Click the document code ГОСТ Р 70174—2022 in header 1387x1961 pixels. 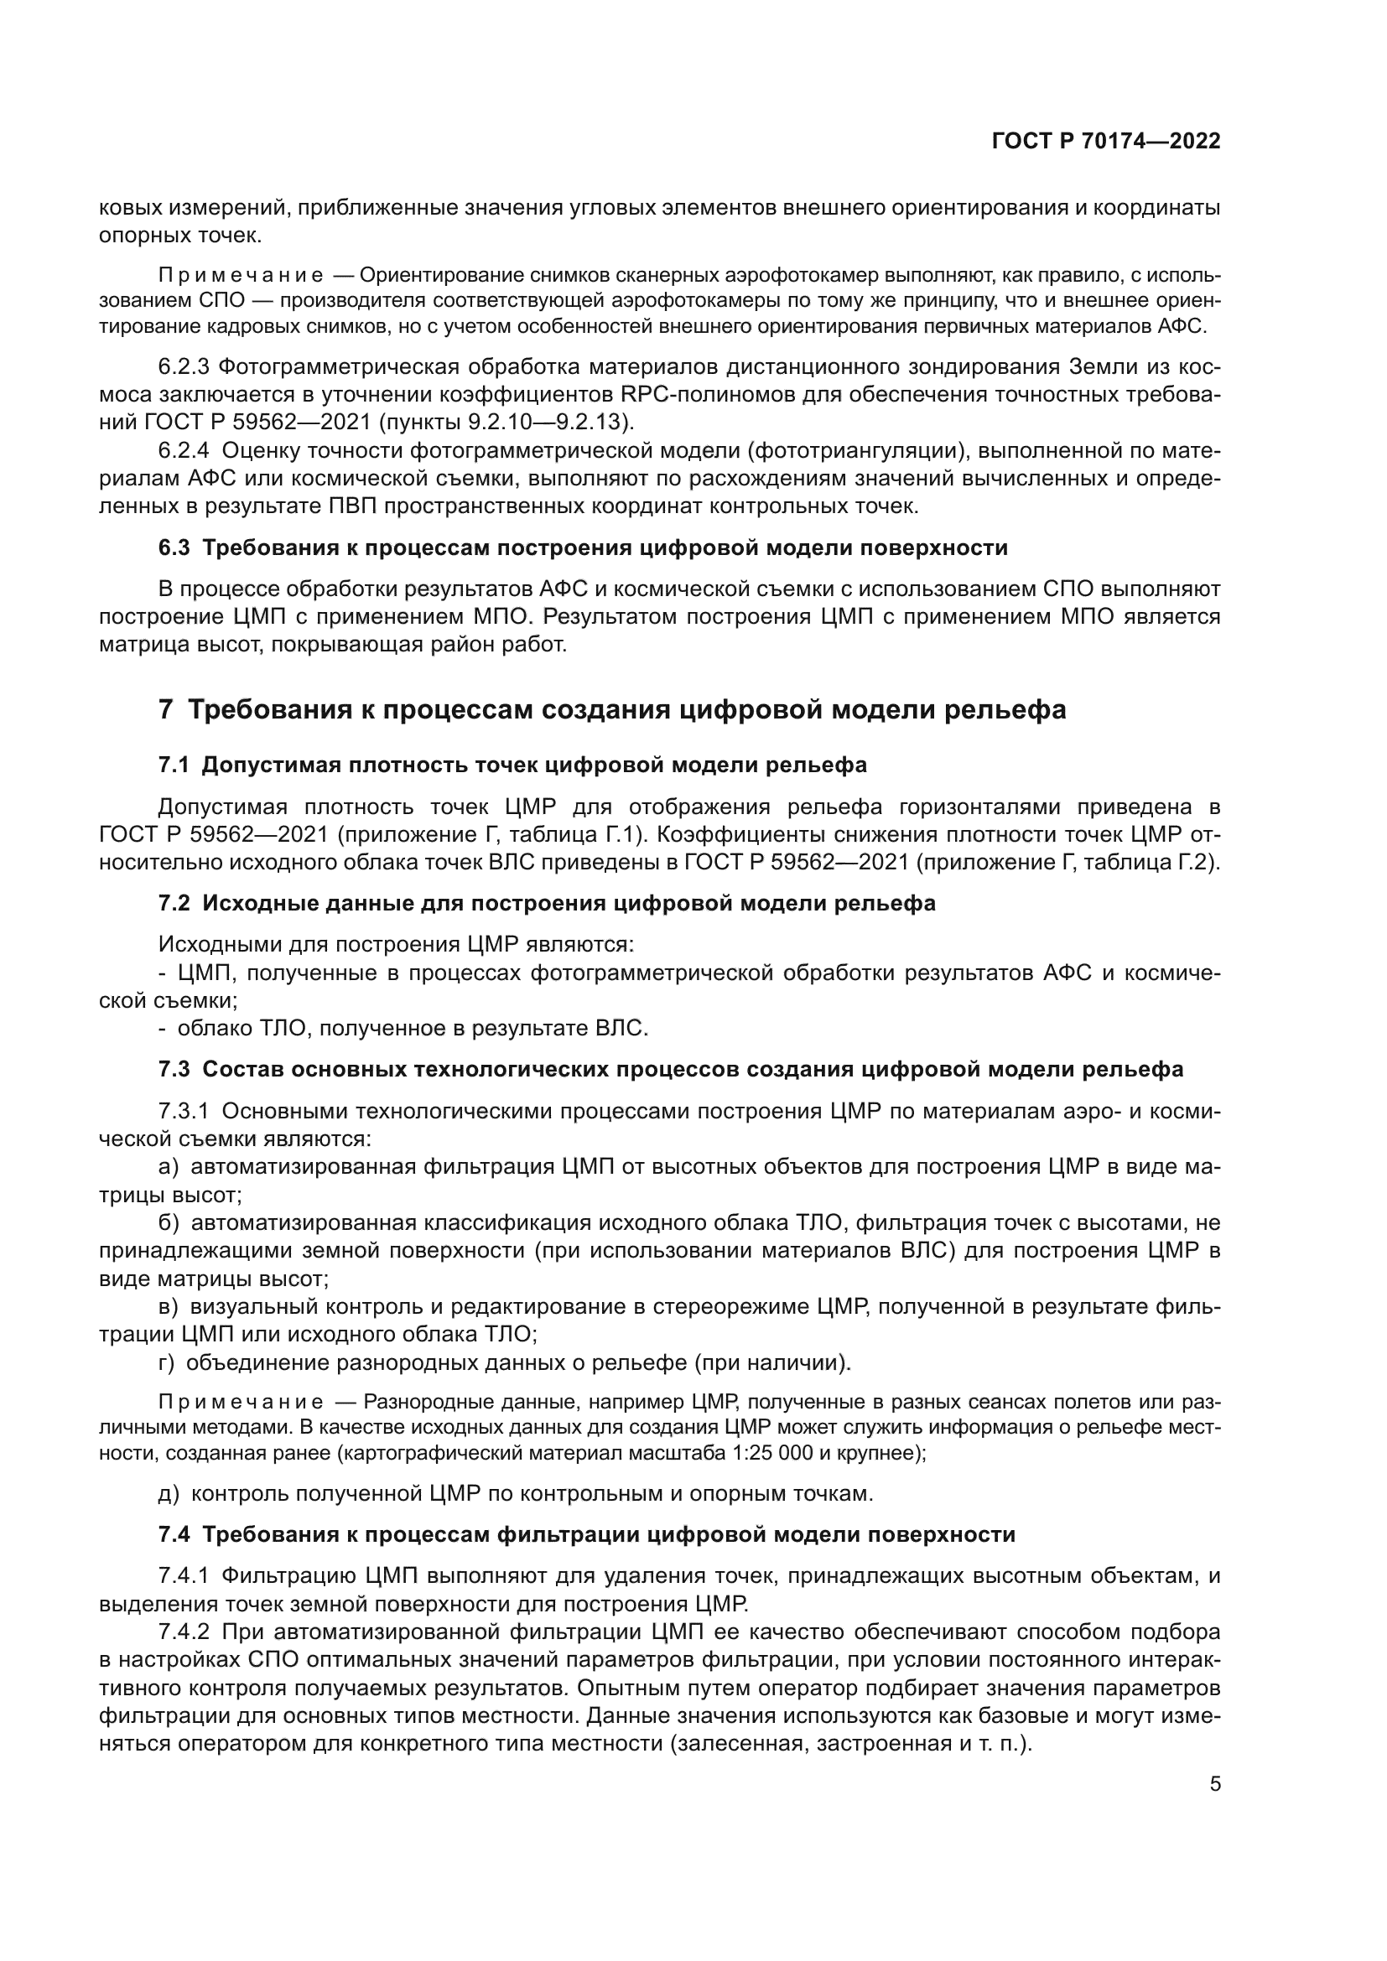(1106, 141)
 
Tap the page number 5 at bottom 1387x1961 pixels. (1214, 1784)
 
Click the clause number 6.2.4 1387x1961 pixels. (183, 450)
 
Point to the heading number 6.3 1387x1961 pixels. (174, 548)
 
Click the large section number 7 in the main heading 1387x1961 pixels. (167, 710)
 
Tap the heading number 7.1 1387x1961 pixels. (174, 765)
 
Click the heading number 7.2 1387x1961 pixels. (174, 904)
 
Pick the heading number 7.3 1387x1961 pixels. (174, 1069)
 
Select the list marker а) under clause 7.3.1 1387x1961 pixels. (169, 1168)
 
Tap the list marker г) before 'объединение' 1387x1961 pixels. (167, 1363)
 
